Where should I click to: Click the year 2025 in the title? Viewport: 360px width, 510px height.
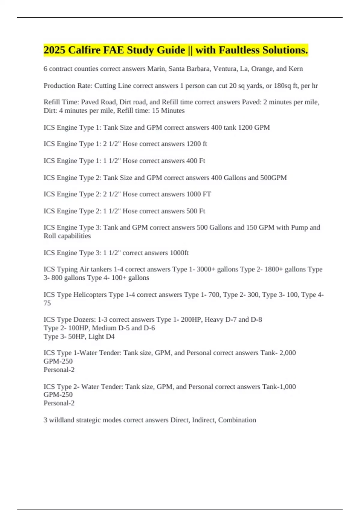(x=55, y=50)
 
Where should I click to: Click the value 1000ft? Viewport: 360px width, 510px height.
(x=179, y=253)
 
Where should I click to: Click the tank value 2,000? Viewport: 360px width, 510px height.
(x=287, y=353)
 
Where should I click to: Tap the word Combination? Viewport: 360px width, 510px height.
(x=237, y=420)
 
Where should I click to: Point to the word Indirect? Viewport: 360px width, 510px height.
(x=204, y=420)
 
